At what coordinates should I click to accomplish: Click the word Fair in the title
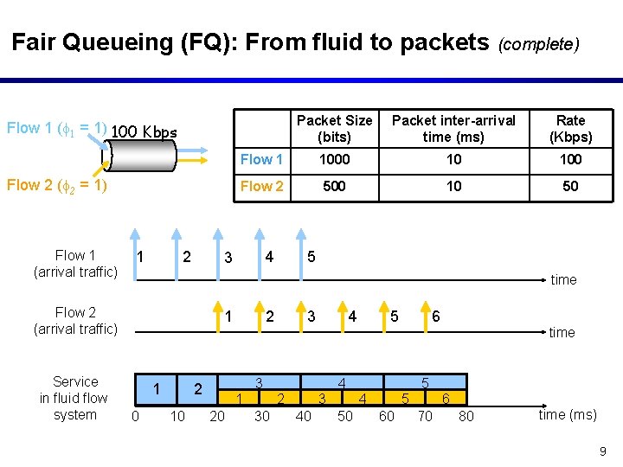(x=32, y=42)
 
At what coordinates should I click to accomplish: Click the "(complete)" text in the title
(x=538, y=43)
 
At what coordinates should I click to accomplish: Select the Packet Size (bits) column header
(x=334, y=129)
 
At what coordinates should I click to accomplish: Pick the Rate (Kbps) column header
(x=570, y=129)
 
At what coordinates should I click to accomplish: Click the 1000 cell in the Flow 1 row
(x=334, y=159)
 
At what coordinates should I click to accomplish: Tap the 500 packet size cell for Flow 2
(x=334, y=186)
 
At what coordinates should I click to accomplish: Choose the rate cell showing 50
(x=570, y=186)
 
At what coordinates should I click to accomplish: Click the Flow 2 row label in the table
(x=261, y=186)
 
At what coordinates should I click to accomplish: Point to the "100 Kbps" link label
(x=145, y=132)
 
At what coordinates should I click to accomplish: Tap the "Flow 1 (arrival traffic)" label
(x=75, y=264)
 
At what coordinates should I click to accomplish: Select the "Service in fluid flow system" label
(x=74, y=398)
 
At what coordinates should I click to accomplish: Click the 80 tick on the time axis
(x=466, y=416)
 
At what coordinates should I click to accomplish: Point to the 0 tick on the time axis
(x=134, y=416)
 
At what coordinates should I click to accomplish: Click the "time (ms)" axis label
(x=567, y=414)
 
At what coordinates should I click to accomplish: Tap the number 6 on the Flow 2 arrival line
(x=435, y=317)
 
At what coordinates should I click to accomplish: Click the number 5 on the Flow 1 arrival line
(x=311, y=257)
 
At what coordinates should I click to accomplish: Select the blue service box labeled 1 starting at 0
(x=156, y=389)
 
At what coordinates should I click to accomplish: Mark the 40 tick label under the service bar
(x=303, y=416)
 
